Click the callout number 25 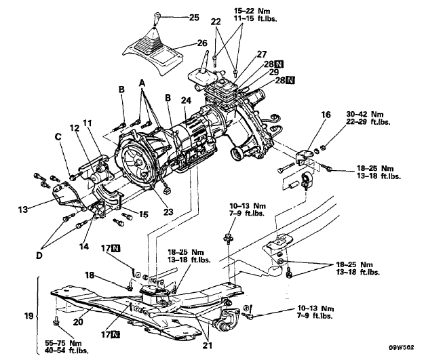(194, 18)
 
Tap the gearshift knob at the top (157, 18)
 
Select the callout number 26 (202, 43)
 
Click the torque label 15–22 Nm (252, 11)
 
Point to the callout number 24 (186, 100)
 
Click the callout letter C (58, 137)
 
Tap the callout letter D (39, 255)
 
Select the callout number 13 (23, 209)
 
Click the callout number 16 (326, 115)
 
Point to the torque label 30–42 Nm (365, 114)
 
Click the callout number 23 (168, 212)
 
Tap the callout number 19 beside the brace (28, 316)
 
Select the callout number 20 (78, 322)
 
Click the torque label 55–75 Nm (63, 343)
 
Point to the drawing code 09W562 (402, 348)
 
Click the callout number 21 (208, 345)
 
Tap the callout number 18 (90, 275)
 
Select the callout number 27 (262, 54)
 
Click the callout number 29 (274, 72)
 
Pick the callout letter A (142, 83)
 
